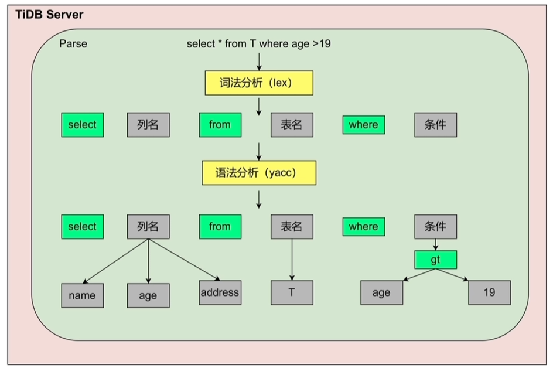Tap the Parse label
click(x=73, y=44)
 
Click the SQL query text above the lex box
click(x=258, y=44)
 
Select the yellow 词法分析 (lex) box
click(x=259, y=83)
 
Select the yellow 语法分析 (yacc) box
click(x=259, y=173)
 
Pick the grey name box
click(x=82, y=295)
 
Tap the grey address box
click(x=220, y=292)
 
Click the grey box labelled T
click(x=292, y=292)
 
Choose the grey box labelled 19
click(x=489, y=292)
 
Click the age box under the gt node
click(x=381, y=292)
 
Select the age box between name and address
click(x=148, y=295)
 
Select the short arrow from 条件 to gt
click(x=435, y=244)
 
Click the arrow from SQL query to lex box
click(x=258, y=60)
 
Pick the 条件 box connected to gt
click(x=435, y=227)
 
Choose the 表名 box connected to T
click(x=292, y=227)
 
